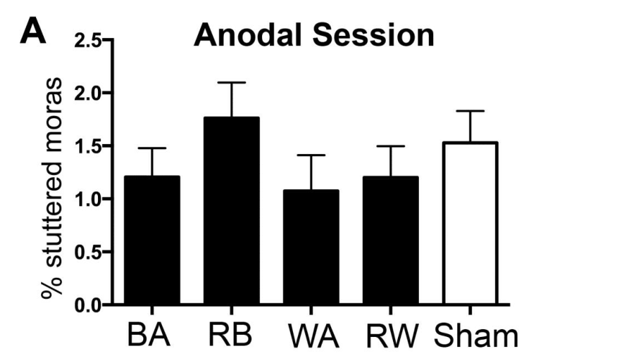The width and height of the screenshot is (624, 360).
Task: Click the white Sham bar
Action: click(x=471, y=223)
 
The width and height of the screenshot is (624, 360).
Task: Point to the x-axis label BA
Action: click(x=153, y=336)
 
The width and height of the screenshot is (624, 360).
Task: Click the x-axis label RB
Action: click(x=232, y=336)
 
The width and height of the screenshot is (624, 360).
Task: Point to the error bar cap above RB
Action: click(x=232, y=83)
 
